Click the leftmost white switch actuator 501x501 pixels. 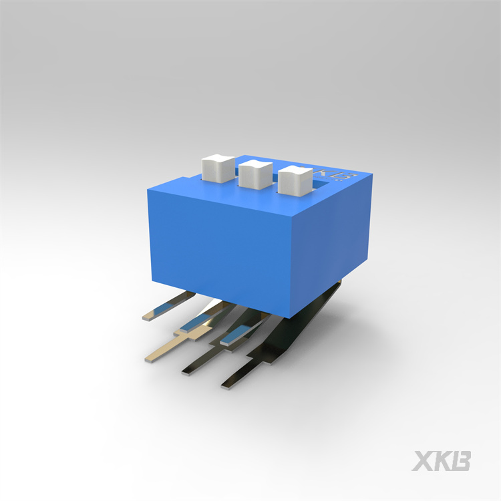click(x=218, y=169)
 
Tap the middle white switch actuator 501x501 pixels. click(x=255, y=174)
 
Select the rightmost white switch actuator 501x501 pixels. click(x=295, y=180)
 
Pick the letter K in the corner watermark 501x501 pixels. click(x=445, y=461)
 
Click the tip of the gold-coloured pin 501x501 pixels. click(x=149, y=359)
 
